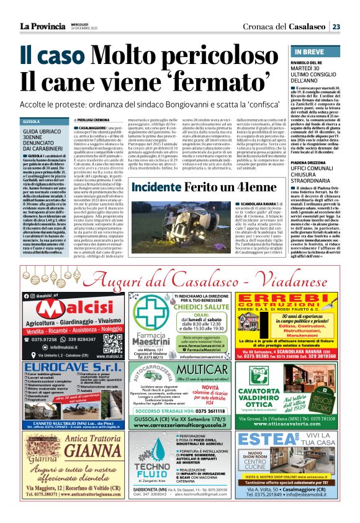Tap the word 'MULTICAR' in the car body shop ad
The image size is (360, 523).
(x=203, y=370)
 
